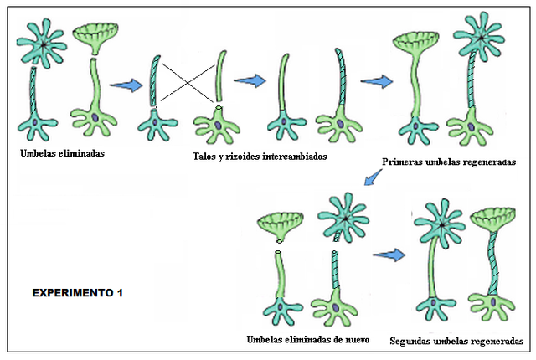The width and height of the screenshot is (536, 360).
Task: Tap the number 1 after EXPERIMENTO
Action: [120, 293]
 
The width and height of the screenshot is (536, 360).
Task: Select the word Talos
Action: [205, 156]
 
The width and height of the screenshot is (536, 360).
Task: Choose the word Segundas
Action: [413, 342]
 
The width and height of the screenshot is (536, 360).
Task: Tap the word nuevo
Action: [360, 339]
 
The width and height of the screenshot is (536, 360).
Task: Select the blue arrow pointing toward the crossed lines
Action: [127, 85]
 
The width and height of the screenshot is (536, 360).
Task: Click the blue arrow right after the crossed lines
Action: [250, 80]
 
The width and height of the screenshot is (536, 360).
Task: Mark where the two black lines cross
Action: [186, 82]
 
